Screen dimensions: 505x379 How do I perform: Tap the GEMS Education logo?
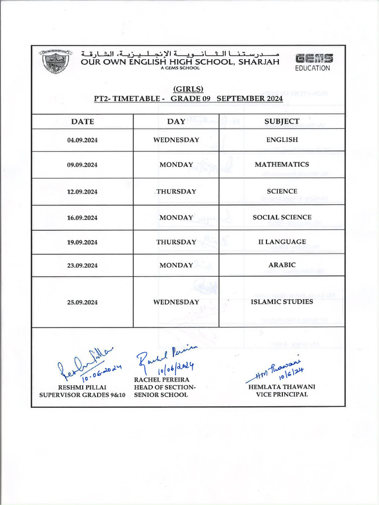point(313,62)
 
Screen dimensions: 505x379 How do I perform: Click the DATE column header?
point(82,121)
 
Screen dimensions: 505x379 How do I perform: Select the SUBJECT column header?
point(282,121)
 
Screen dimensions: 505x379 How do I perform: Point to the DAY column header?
point(176,121)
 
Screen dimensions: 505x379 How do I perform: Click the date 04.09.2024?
point(82,140)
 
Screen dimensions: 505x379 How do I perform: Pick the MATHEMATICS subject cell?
point(282,165)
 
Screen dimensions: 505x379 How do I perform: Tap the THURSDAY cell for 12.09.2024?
point(176,191)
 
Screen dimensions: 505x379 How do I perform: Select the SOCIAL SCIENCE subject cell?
point(282,217)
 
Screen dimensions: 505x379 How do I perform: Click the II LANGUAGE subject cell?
point(282,242)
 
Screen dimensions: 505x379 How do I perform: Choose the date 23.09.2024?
point(82,265)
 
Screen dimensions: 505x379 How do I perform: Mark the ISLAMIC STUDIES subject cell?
point(282,302)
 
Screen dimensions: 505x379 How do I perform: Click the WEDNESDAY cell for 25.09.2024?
point(176,302)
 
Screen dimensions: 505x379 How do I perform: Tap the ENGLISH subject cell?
point(282,140)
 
